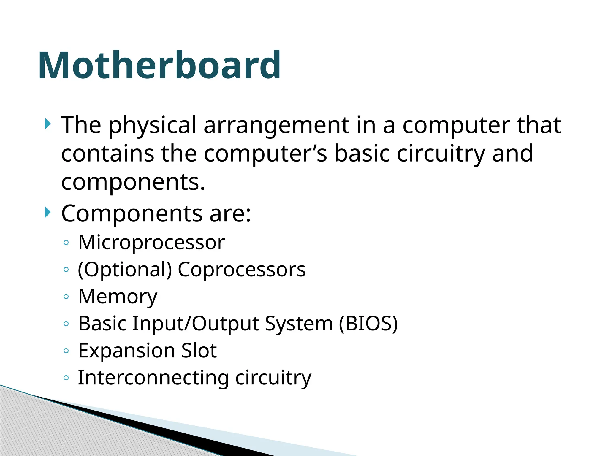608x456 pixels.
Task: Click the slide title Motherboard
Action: [x=159, y=66]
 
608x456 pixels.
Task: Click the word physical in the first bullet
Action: [x=152, y=125]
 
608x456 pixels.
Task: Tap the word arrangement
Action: [x=276, y=125]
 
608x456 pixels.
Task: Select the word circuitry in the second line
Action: [x=441, y=153]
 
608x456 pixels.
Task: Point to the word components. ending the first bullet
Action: [x=133, y=182]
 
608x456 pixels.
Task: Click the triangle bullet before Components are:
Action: [x=48, y=213]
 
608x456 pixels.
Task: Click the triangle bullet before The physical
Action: [x=48, y=123]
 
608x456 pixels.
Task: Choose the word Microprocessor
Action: [x=151, y=243]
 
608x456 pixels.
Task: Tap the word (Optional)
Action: [x=125, y=270]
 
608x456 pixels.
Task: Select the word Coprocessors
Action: [x=242, y=270]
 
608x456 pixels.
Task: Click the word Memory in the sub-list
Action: [x=118, y=297]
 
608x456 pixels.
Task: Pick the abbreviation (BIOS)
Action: [x=368, y=324]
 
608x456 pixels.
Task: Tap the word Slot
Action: [x=199, y=351]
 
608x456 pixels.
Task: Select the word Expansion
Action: [x=126, y=351]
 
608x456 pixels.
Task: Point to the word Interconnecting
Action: [x=153, y=378]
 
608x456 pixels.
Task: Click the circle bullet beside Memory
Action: [x=66, y=297]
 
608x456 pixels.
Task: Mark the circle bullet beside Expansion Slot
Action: [x=66, y=351]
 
